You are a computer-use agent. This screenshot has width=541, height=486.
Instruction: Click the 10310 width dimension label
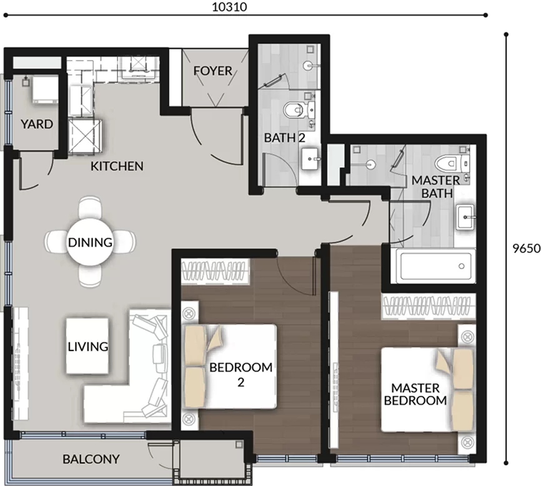click(229, 7)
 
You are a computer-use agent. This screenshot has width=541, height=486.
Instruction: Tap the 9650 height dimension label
click(526, 248)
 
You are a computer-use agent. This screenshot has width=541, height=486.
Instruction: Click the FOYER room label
click(212, 71)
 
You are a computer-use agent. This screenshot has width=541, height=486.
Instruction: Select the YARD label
click(37, 124)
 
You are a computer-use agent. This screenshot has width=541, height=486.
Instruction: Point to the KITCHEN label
click(117, 166)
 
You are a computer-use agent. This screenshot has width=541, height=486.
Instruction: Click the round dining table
click(90, 242)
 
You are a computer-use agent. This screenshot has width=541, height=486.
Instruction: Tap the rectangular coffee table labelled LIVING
click(87, 346)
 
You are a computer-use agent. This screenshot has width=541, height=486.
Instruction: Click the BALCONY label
click(91, 459)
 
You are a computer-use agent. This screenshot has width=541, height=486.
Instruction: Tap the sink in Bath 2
click(311, 159)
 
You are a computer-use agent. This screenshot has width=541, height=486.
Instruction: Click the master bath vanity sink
click(465, 217)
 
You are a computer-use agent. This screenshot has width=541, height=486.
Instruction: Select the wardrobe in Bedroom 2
click(215, 271)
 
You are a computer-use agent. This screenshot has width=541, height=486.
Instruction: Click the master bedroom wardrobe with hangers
click(428, 306)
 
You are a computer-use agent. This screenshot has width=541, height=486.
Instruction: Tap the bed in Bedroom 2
click(231, 366)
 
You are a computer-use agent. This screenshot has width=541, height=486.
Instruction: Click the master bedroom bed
click(427, 389)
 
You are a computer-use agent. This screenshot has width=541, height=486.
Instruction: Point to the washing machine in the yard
click(45, 90)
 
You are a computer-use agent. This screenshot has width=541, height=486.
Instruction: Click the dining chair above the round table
click(90, 207)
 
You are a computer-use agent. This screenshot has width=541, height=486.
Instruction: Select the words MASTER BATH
click(437, 187)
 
